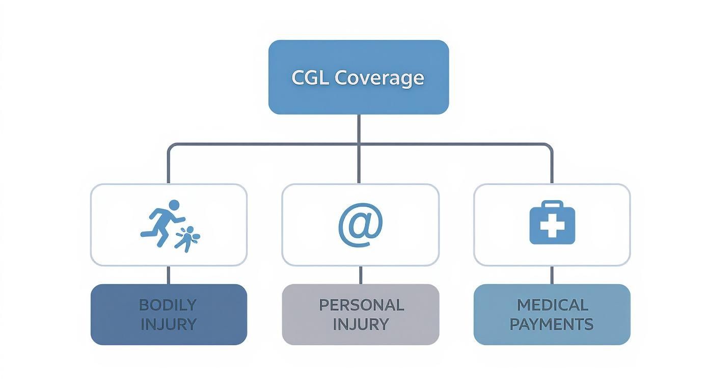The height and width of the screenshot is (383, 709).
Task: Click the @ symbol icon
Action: (360, 225)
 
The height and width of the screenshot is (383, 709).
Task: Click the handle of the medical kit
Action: (552, 204)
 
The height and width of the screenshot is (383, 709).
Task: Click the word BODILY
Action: (168, 305)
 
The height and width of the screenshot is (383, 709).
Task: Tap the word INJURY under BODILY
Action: (169, 324)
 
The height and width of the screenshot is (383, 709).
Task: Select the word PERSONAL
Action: (361, 305)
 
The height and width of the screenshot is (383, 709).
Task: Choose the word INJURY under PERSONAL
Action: (361, 324)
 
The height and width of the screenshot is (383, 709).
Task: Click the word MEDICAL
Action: (553, 305)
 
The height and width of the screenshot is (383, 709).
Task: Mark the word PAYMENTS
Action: (552, 324)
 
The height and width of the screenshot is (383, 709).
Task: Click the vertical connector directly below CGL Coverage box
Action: (359, 128)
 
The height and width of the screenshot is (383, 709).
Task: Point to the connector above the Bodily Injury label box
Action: (169, 275)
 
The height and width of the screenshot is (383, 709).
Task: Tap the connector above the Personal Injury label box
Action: (361, 275)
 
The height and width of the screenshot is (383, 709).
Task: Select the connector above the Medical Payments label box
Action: (552, 275)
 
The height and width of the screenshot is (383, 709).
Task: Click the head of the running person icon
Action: (174, 205)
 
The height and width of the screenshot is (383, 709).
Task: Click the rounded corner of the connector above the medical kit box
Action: (549, 147)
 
